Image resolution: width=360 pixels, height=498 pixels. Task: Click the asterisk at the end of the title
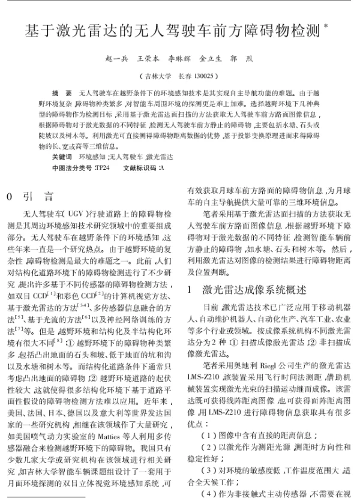tap(326, 25)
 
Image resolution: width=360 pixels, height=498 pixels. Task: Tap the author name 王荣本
tap(148, 60)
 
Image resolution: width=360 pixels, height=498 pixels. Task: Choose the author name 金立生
tap(210, 60)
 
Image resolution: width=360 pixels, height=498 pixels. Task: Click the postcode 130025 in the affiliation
tap(203, 77)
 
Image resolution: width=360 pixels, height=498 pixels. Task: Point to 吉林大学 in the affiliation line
tap(154, 77)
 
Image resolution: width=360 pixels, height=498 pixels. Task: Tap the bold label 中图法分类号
tap(72, 167)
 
